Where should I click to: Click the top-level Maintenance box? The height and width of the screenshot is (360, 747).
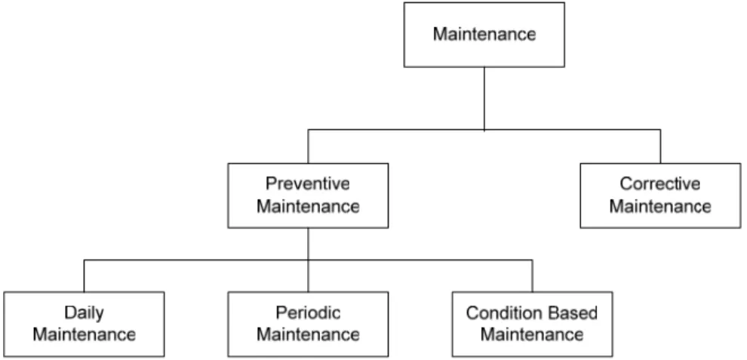click(484, 34)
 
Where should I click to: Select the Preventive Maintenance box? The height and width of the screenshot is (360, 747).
click(308, 195)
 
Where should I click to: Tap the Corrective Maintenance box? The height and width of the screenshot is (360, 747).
click(660, 195)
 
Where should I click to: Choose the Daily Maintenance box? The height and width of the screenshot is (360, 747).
click(84, 325)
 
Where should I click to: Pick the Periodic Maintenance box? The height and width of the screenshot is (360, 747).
click(308, 325)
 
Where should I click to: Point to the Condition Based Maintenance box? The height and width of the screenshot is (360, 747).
click(532, 325)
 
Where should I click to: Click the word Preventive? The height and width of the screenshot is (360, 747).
click(308, 183)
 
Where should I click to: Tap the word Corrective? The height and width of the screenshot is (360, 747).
click(660, 183)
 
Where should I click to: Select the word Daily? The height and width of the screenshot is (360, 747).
click(84, 314)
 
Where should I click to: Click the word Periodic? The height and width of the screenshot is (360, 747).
click(308, 312)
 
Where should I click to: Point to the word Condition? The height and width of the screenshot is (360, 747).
click(498, 312)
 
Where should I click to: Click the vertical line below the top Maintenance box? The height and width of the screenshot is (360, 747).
click(484, 99)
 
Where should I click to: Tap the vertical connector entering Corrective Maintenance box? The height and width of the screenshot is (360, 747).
click(660, 146)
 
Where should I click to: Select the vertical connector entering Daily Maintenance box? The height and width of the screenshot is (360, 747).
click(84, 275)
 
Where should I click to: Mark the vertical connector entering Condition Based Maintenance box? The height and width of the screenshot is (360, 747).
click(532, 275)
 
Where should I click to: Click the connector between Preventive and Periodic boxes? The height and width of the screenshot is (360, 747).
click(308, 260)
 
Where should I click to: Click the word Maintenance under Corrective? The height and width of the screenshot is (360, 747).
click(660, 207)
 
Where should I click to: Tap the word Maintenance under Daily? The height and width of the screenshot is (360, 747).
click(84, 335)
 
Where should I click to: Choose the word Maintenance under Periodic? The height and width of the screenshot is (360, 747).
click(308, 335)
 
